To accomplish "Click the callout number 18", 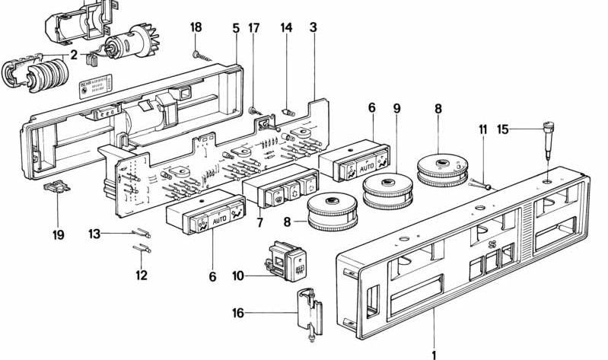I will pos(196,27).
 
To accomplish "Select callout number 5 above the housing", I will pos(236,27).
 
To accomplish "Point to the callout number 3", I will pos(313,27).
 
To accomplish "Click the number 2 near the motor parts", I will pos(74,55).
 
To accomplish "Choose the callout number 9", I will pos(396,109).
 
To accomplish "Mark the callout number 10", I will pos(238,276).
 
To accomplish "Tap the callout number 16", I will pos(239,312).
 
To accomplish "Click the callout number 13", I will pos(94,234).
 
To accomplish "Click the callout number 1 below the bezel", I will pos(435,353).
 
